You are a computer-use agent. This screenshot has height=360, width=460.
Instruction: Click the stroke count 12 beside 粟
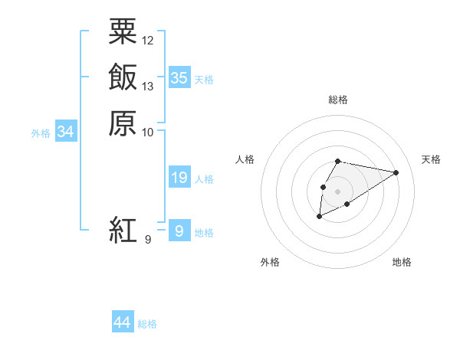(x=148, y=40)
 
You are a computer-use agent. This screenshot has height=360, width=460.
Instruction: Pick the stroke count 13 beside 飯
(x=148, y=86)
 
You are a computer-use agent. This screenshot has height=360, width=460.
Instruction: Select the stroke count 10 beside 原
(x=148, y=132)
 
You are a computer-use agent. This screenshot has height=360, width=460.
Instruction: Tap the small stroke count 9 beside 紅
(x=147, y=240)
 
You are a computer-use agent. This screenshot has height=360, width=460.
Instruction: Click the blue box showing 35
(x=179, y=78)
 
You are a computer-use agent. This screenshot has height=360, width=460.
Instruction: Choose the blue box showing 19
(x=179, y=178)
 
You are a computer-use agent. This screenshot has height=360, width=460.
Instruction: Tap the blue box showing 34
(x=66, y=133)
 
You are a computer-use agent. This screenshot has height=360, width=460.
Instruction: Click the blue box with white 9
(x=179, y=231)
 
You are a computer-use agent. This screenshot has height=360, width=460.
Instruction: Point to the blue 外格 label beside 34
(x=41, y=133)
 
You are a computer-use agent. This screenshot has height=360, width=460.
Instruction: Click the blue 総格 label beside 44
(x=147, y=324)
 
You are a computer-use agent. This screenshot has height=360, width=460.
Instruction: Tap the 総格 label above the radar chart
(x=338, y=100)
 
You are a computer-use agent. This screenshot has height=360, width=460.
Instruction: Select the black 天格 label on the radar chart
(x=431, y=159)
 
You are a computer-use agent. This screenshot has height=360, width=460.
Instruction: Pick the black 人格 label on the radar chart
(x=245, y=159)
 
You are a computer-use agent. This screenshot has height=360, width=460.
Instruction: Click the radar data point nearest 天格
(x=396, y=172)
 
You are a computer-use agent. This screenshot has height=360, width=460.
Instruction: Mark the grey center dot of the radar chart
(x=338, y=191)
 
